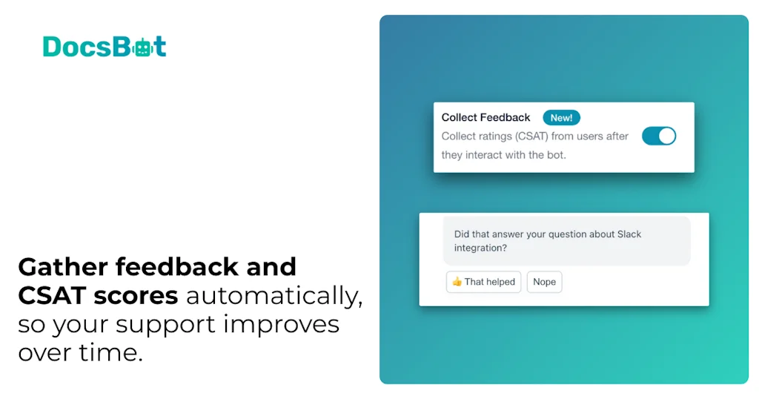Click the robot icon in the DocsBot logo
click(x=141, y=47)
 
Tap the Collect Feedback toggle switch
click(x=658, y=136)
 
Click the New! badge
click(x=561, y=118)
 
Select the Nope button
click(x=544, y=282)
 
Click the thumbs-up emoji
click(x=457, y=282)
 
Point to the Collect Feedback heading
click(x=485, y=118)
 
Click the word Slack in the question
click(x=629, y=234)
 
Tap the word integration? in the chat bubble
click(x=480, y=248)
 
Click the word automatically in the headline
click(x=274, y=296)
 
